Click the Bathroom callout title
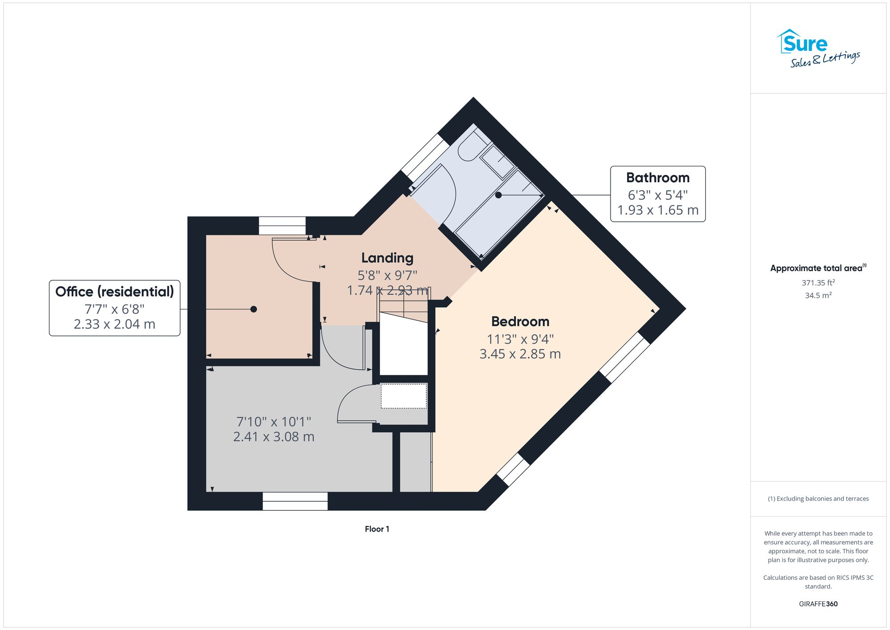point(657,178)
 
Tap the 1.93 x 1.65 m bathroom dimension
point(657,210)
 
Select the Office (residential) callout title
point(114,292)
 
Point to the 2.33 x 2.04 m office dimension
point(114,324)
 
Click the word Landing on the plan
point(387,258)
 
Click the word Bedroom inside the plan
point(520,321)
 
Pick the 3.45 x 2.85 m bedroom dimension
point(520,354)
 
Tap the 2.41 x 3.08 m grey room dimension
point(274,437)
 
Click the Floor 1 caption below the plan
point(377,529)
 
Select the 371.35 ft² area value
point(818,283)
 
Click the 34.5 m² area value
point(818,295)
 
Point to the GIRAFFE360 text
point(818,604)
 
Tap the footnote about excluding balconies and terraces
point(818,499)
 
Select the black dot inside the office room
point(254,309)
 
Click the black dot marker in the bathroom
point(498,195)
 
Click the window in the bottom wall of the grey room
point(295,501)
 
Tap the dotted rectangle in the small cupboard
point(404,396)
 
